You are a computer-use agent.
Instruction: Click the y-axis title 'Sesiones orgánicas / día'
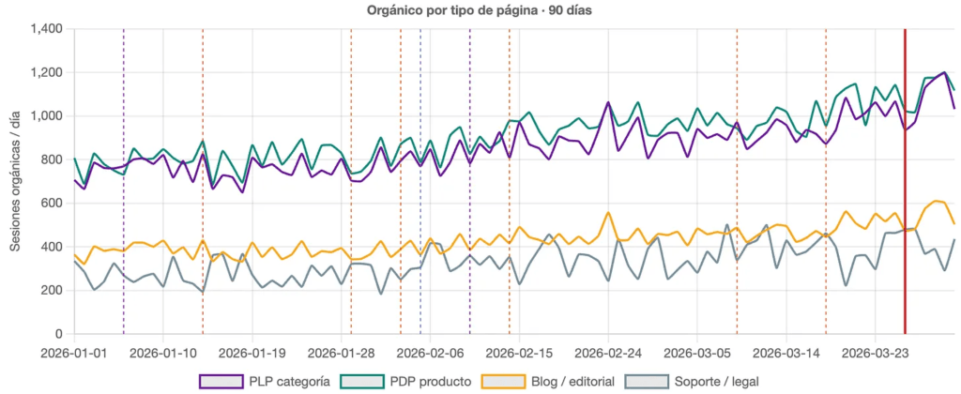(x=16, y=182)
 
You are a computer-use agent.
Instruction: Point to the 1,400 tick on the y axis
(x=45, y=29)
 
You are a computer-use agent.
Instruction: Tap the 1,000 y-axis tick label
(x=45, y=116)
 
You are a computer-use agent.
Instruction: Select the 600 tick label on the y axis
(x=52, y=204)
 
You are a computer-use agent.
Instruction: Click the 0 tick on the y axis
(x=58, y=334)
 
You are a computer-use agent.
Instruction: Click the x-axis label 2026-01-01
(x=74, y=354)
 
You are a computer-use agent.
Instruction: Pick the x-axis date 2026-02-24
(x=608, y=354)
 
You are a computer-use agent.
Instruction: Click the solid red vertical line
(x=905, y=188)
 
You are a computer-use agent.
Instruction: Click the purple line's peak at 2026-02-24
(x=608, y=102)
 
